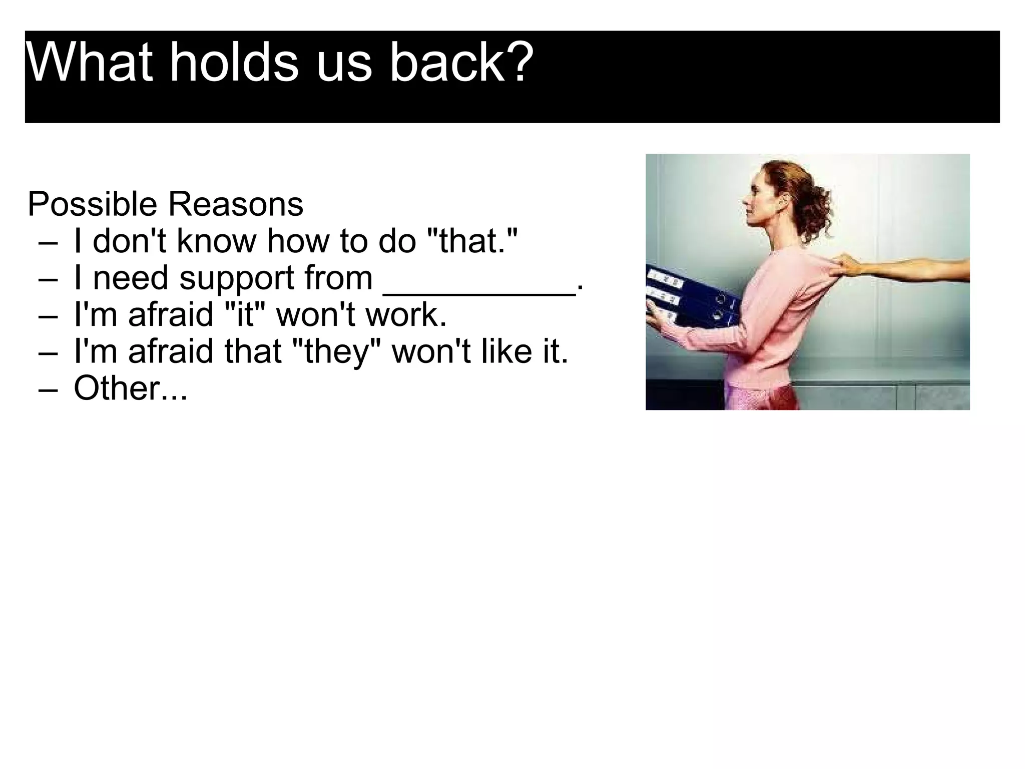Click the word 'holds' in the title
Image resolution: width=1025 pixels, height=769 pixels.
pyautogui.click(x=234, y=63)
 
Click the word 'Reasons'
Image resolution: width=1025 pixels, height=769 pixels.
pyautogui.click(x=235, y=205)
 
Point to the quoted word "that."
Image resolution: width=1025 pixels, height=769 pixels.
pyautogui.click(x=473, y=241)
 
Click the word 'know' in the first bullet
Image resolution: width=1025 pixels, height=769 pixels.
pyautogui.click(x=216, y=241)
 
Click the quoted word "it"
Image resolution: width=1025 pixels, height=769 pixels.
pyautogui.click(x=245, y=315)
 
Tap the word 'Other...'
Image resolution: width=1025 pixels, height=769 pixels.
pyautogui.click(x=130, y=389)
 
